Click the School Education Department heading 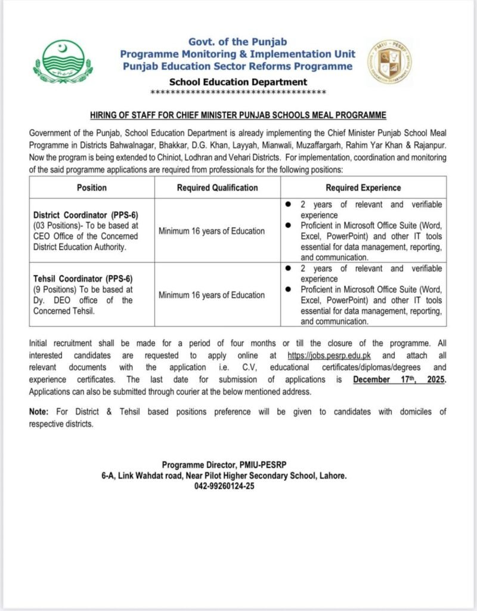(x=238, y=82)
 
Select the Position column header (x=92, y=187)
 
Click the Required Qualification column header (x=217, y=187)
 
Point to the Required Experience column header (x=363, y=187)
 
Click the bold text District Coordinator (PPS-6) (x=86, y=215)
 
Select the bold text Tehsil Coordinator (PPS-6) (x=82, y=279)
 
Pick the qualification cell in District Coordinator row (x=217, y=231)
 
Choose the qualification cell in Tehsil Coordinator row (x=217, y=295)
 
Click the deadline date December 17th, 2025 (x=399, y=379)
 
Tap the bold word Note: (x=40, y=412)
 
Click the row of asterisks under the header (x=238, y=92)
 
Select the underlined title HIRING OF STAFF (x=238, y=115)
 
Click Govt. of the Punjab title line (x=238, y=41)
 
